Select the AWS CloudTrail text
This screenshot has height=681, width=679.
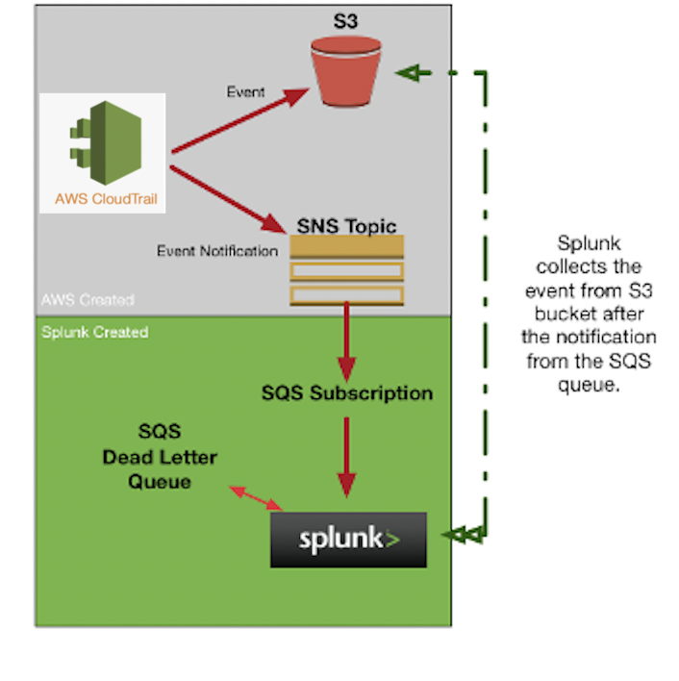(x=103, y=200)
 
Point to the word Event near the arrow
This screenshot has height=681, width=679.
(x=245, y=92)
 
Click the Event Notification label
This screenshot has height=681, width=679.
(x=217, y=251)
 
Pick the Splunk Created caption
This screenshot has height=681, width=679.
(x=94, y=332)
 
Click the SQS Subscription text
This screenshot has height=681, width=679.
(x=346, y=392)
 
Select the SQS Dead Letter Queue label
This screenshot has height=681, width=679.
(x=160, y=457)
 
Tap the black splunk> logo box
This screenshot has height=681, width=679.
(x=347, y=540)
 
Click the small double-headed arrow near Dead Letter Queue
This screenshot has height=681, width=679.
(x=256, y=497)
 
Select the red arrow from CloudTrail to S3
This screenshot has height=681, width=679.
(x=240, y=119)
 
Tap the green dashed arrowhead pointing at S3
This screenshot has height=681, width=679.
(x=413, y=72)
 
